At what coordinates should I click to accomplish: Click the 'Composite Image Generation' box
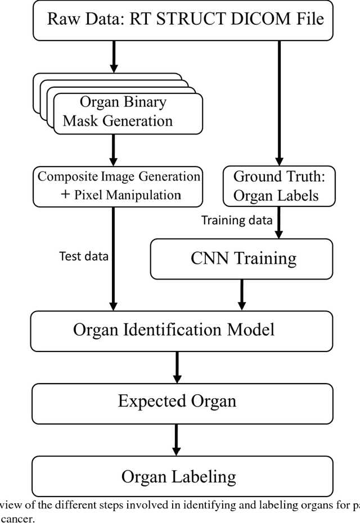coord(118,185)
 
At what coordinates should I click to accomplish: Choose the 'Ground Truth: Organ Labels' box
coord(276,186)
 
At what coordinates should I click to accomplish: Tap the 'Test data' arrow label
coord(84,256)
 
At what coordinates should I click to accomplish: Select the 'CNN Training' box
coord(241,259)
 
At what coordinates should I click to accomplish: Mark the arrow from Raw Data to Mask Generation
coord(113,56)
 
